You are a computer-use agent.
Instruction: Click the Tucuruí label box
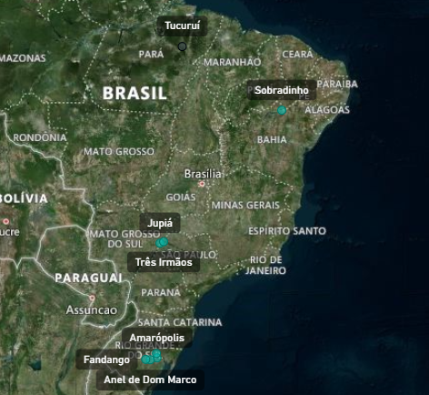(x=182, y=26)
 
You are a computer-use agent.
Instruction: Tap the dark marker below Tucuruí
(x=182, y=46)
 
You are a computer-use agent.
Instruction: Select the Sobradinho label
(x=281, y=90)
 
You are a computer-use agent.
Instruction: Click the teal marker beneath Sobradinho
(x=282, y=110)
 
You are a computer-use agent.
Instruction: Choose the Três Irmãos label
(x=164, y=262)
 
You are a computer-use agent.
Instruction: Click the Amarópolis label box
(x=156, y=338)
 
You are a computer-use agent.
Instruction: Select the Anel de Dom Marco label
(x=149, y=379)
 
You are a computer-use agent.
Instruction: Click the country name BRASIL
(x=135, y=93)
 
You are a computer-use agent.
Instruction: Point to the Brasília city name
(x=203, y=174)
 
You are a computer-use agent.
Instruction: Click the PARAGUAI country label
(x=88, y=277)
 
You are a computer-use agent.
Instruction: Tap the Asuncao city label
(x=91, y=309)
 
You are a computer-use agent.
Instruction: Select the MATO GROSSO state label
(x=119, y=151)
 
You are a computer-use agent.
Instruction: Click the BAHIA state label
(x=272, y=139)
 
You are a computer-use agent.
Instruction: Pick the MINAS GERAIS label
(x=245, y=205)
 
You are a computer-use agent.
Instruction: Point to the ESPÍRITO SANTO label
(x=286, y=231)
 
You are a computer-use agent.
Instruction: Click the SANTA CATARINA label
(x=179, y=322)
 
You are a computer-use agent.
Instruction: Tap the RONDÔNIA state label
(x=40, y=137)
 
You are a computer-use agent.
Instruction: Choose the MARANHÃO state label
(x=232, y=62)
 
